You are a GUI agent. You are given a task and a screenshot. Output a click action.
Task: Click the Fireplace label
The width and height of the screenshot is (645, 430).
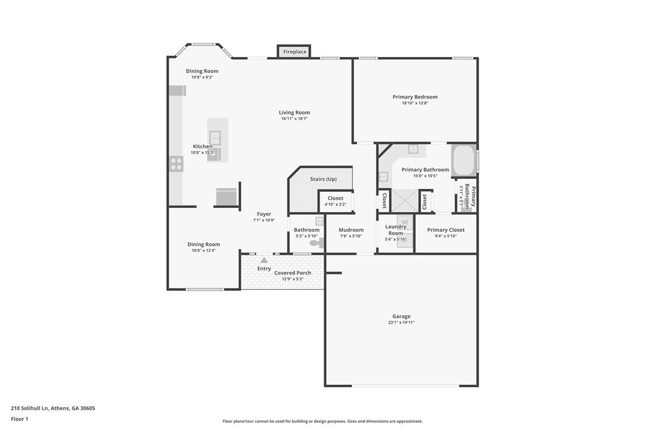click(x=295, y=52)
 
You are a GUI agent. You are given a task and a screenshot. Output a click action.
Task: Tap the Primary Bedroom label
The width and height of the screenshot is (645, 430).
click(x=415, y=97)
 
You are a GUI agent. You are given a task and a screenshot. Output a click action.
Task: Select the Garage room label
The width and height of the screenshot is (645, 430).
click(x=401, y=317)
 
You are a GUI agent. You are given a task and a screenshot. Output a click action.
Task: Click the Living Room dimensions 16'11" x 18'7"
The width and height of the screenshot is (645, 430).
click(x=294, y=119)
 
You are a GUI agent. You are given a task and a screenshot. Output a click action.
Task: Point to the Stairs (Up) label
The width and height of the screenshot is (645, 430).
click(x=323, y=179)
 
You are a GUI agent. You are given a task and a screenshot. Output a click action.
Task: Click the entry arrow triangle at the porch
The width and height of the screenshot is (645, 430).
click(x=264, y=260)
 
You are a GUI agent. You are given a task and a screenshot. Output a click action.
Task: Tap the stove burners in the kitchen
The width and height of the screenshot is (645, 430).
click(x=176, y=164)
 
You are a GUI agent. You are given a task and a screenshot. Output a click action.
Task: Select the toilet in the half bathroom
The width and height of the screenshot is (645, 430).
click(x=315, y=242)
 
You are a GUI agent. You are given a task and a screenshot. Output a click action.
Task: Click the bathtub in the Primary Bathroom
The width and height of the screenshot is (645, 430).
click(x=463, y=160)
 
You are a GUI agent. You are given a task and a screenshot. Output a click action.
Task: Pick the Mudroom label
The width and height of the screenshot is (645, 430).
click(x=351, y=230)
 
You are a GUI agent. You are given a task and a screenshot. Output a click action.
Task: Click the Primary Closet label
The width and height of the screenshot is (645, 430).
click(x=445, y=230)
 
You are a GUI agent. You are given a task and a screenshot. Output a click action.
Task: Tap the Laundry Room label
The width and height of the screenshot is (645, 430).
click(x=396, y=230)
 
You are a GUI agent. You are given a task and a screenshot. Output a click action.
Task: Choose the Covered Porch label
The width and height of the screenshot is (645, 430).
click(x=292, y=273)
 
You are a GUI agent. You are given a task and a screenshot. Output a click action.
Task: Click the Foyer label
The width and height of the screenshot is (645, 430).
click(x=264, y=214)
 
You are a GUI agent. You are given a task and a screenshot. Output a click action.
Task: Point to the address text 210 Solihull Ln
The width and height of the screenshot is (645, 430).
click(x=53, y=408)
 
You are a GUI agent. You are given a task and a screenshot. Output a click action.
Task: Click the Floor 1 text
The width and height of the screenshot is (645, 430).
click(x=19, y=419)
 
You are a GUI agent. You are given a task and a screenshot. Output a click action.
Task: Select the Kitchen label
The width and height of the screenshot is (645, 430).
click(x=202, y=147)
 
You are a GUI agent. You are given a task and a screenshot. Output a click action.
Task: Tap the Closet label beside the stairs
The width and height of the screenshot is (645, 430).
click(x=335, y=198)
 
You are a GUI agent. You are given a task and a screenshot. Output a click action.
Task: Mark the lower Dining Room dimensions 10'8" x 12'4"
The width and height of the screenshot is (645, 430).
click(x=204, y=251)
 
